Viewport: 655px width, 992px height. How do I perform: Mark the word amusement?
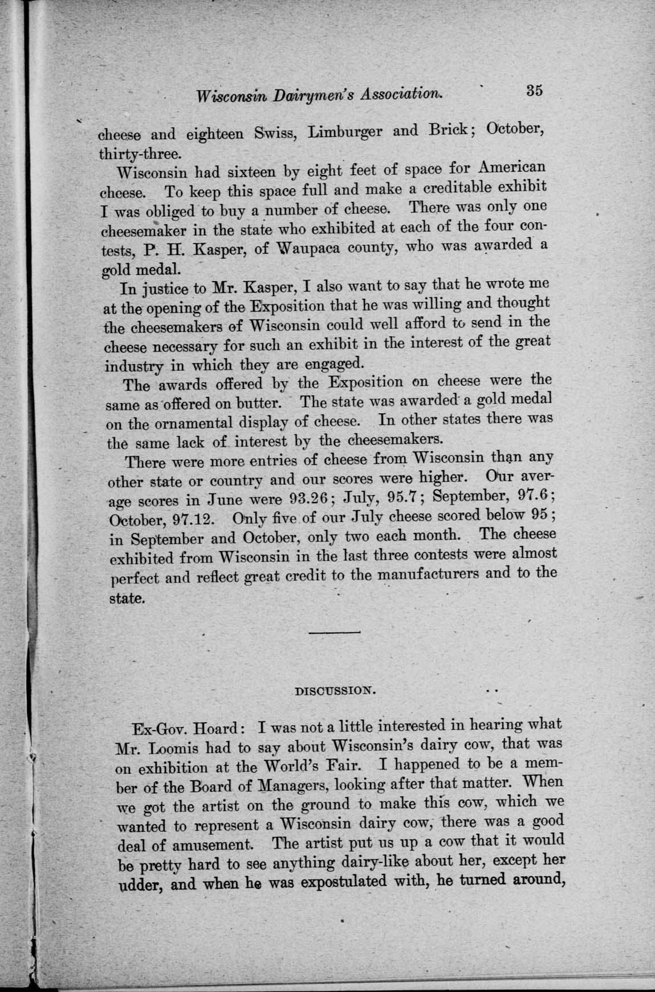[x=218, y=845]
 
